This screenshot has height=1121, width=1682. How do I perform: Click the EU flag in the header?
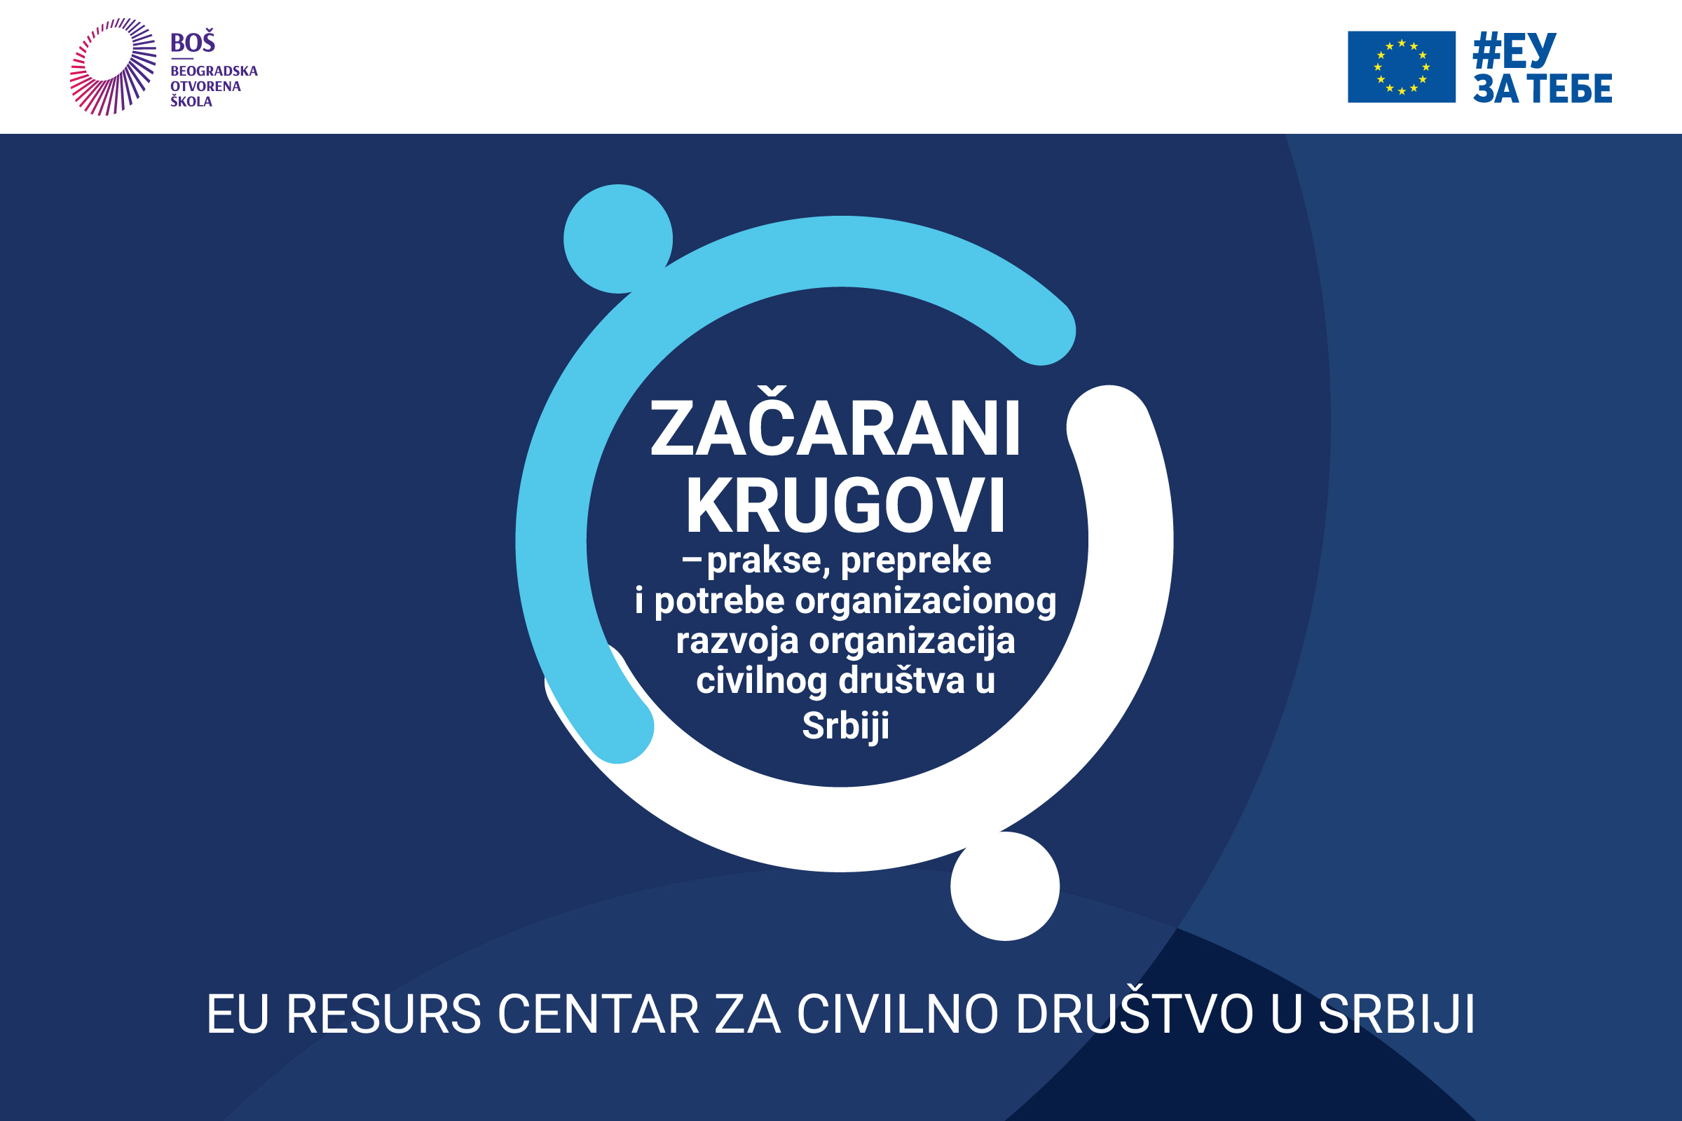[1401, 67]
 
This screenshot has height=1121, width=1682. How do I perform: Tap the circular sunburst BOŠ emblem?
[113, 67]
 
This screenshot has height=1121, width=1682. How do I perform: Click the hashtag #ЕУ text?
[1514, 50]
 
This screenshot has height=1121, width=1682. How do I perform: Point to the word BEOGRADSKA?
[214, 71]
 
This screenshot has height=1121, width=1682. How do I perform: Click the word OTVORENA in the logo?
[205, 86]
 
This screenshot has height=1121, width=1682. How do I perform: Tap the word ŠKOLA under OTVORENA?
[191, 102]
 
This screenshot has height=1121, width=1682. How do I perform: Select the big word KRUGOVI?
[845, 506]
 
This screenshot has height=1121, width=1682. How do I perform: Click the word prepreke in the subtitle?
[916, 561]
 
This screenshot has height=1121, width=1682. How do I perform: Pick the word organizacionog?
[926, 601]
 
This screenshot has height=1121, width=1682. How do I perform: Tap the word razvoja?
[737, 641]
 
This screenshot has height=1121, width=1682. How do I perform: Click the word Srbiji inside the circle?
[845, 727]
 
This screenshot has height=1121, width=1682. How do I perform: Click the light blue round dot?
[618, 239]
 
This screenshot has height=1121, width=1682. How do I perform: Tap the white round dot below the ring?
[1005, 886]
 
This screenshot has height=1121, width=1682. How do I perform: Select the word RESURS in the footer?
[384, 1014]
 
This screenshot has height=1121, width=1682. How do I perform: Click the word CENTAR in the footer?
[598, 1014]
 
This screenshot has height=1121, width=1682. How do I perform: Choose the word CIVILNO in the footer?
[898, 1014]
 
